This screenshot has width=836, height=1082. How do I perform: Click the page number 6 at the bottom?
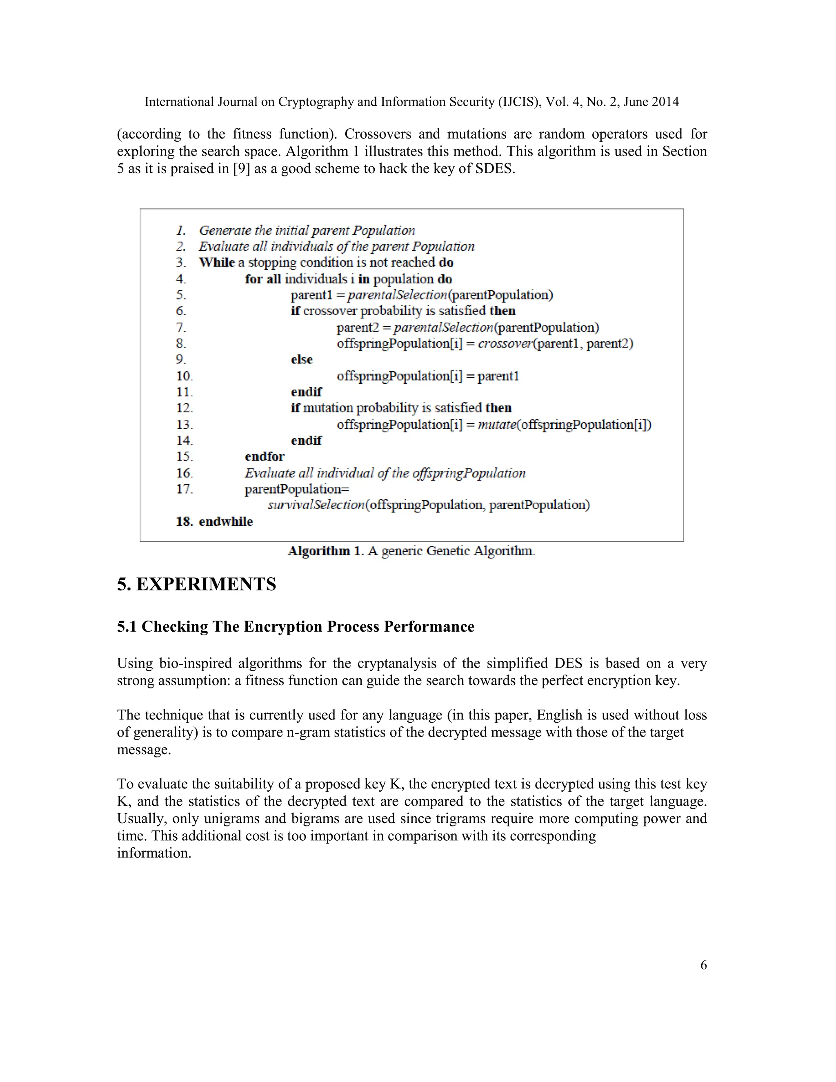click(703, 965)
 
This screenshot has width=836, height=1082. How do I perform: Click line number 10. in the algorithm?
click(184, 376)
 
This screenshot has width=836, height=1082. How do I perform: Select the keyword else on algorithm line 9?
click(302, 359)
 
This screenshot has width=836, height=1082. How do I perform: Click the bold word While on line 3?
click(216, 262)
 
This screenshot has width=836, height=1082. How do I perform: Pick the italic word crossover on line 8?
click(505, 343)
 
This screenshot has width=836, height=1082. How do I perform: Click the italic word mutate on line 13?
click(497, 425)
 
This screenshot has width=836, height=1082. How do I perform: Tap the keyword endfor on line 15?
click(265, 456)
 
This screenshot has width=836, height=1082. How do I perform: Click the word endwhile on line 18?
click(226, 522)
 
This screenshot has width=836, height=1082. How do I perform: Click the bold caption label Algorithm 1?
click(325, 551)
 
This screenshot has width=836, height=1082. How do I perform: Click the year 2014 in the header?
click(665, 102)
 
